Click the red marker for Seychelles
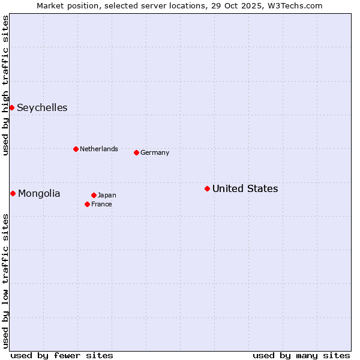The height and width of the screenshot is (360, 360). [x=11, y=107]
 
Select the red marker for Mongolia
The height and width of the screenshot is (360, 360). [x=13, y=193]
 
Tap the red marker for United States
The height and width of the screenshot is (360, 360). [x=207, y=188]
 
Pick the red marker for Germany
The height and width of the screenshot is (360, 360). [x=136, y=152]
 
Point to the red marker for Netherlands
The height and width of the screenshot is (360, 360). [x=76, y=149]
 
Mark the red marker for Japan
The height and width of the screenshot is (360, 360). [x=94, y=195]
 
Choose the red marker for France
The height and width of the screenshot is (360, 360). [x=87, y=204]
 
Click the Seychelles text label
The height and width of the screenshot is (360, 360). [x=42, y=108]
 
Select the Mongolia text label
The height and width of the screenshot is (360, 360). [x=39, y=193]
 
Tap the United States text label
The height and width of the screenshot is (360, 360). [x=245, y=189]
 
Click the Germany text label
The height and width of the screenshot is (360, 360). [x=155, y=153]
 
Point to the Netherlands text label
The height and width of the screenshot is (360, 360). [x=99, y=149]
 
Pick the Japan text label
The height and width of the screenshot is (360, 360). [x=107, y=196]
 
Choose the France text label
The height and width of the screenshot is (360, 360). [x=101, y=205]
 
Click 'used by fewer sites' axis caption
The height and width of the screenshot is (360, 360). [x=62, y=355]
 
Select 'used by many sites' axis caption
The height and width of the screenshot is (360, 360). [x=301, y=355]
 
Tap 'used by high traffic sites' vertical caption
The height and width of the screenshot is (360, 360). [x=5, y=85]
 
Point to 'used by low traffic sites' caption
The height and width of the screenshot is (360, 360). [x=5, y=280]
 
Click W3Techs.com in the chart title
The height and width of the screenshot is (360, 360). [x=294, y=5]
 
